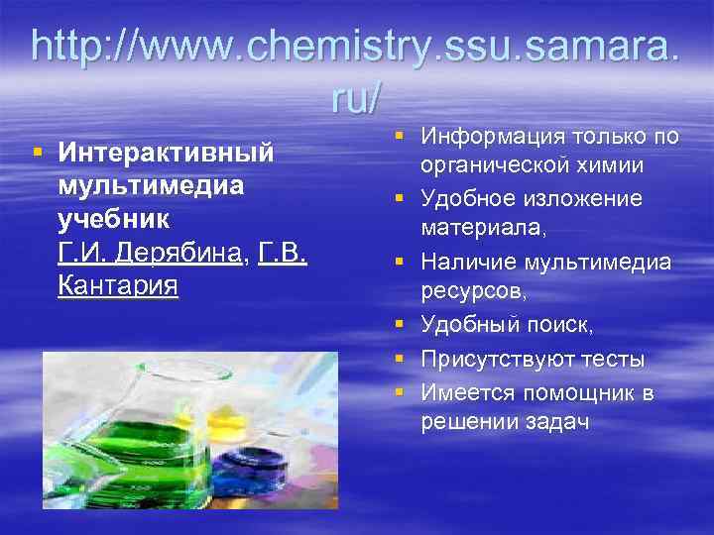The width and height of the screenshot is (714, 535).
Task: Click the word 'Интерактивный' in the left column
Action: click(x=166, y=154)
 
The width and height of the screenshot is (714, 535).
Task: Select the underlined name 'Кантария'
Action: click(x=118, y=287)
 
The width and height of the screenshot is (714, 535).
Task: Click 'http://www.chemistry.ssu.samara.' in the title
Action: click(x=356, y=47)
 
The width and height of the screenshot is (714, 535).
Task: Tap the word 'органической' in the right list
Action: click(x=492, y=165)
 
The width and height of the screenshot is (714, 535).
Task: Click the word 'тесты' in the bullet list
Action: click(x=612, y=358)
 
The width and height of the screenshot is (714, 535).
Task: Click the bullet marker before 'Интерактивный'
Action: click(x=37, y=154)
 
